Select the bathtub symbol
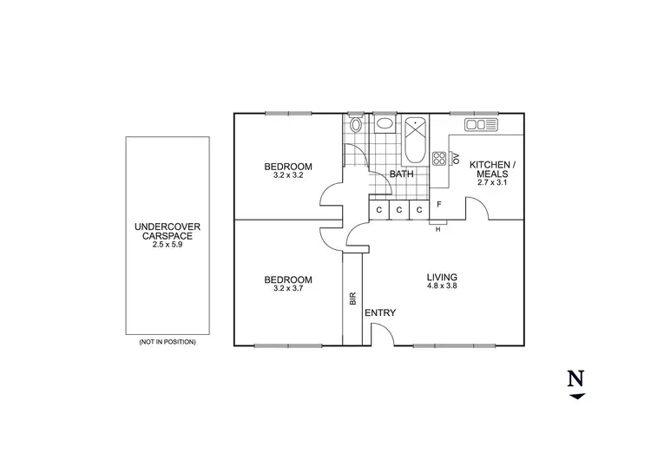(x=414, y=141)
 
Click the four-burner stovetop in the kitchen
(x=439, y=158)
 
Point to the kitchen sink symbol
(x=480, y=125)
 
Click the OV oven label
(x=453, y=157)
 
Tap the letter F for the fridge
(x=439, y=205)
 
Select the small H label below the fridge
(x=437, y=229)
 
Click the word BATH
(x=402, y=174)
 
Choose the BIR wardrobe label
(x=353, y=298)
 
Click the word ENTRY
(x=380, y=312)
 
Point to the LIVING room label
(x=441, y=278)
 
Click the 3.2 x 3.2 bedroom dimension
(x=288, y=176)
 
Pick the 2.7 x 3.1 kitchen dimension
(x=491, y=182)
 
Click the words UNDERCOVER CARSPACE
(x=168, y=232)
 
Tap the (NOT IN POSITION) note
(x=168, y=342)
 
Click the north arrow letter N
(x=575, y=379)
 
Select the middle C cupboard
(x=398, y=210)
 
